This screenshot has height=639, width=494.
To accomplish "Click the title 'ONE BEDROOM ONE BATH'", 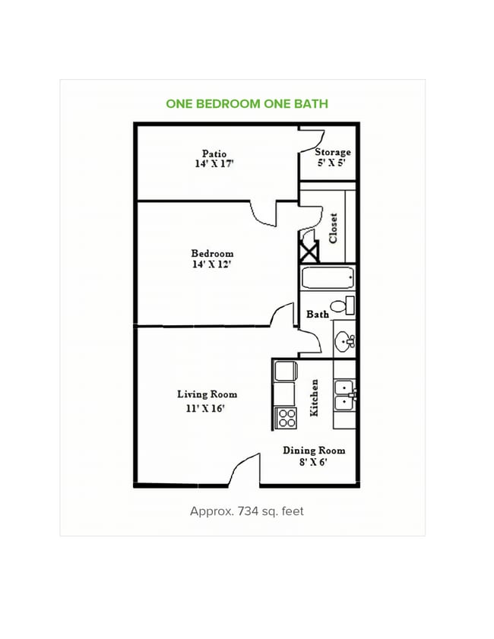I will [247, 103].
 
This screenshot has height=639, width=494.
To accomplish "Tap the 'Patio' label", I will [214, 153].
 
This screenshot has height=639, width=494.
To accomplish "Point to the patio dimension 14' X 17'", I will [214, 163].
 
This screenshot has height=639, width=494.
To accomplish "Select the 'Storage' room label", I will [332, 152].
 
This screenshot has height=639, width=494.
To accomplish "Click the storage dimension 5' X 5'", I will [332, 163].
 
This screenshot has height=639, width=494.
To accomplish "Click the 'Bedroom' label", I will [212, 253].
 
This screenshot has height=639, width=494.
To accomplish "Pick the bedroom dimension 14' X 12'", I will [212, 264].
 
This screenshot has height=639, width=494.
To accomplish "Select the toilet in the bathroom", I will [343, 306].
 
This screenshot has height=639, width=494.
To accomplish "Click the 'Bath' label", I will [317, 314].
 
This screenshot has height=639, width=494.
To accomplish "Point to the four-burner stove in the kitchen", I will [285, 418].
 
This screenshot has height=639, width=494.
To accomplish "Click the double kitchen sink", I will [344, 394].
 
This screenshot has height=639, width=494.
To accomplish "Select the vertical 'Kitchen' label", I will [314, 397].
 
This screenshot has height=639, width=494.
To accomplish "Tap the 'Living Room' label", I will [207, 394].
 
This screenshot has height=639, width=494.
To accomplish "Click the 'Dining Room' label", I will [314, 450].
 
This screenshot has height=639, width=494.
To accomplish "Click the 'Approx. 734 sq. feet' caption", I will [246, 511].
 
